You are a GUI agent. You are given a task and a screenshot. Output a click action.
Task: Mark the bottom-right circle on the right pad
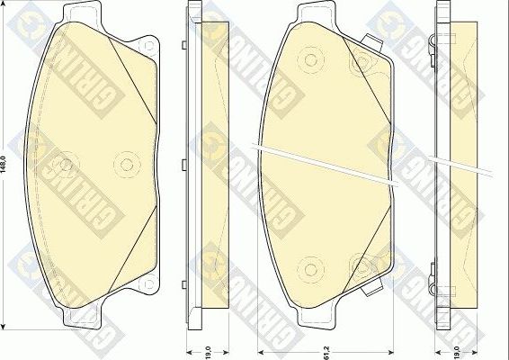click(x=363, y=266)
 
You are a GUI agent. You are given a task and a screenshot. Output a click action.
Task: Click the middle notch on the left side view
click(x=183, y=165)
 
